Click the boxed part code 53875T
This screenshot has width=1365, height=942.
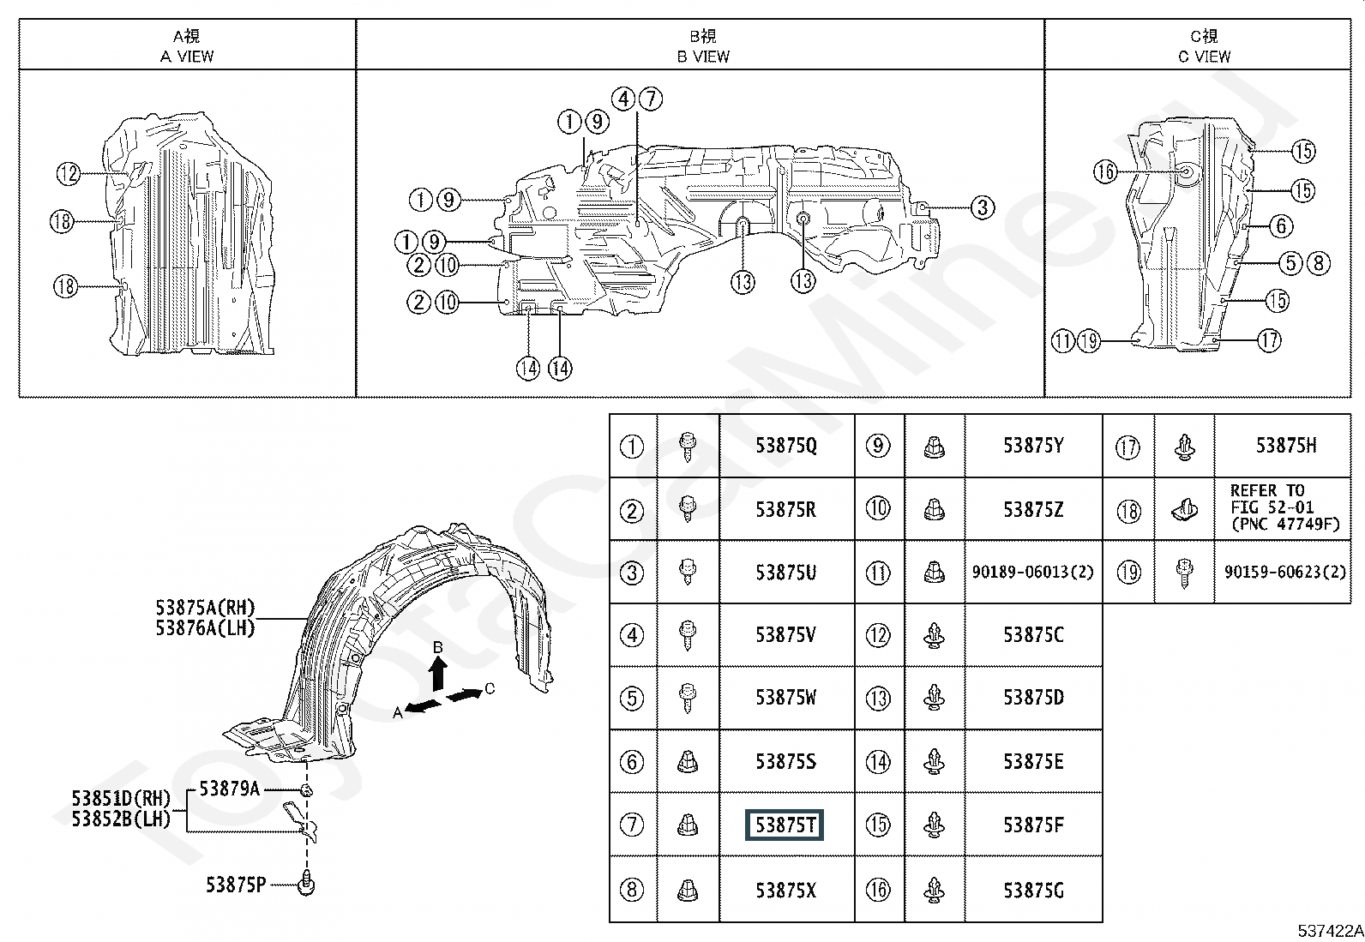pos(785,825)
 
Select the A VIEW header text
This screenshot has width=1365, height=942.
pos(187,57)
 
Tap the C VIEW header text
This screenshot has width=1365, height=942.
pos(1204,57)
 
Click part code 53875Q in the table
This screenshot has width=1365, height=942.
pos(786,446)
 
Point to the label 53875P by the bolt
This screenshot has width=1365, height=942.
pos(236,885)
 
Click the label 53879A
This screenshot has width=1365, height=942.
pos(230,789)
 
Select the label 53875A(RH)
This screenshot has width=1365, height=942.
pos(206,608)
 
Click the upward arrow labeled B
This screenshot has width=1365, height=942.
pos(437,674)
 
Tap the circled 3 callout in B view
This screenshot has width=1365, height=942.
pos(983,207)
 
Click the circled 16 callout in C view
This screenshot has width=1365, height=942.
pos(1105,171)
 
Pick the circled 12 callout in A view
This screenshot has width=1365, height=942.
pos(69,174)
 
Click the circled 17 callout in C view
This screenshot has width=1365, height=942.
pos(1269,340)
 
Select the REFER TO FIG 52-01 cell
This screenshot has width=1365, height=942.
pos(1285,507)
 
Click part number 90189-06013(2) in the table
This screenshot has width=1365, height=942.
pos(1033,572)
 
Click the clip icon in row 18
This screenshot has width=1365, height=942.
pos(1184,509)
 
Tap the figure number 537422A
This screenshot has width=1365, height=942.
pos(1330,931)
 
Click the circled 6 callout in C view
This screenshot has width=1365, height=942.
pos(1281,226)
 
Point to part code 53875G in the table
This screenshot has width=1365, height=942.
pos(1033,891)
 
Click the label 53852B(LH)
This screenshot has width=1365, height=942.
pos(121,819)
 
